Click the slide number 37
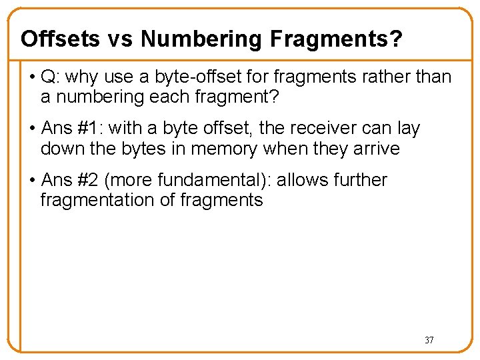tap(429, 340)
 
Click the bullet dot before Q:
tap(32, 77)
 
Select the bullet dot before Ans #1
tap(32, 128)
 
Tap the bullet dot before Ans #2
tap(32, 180)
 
